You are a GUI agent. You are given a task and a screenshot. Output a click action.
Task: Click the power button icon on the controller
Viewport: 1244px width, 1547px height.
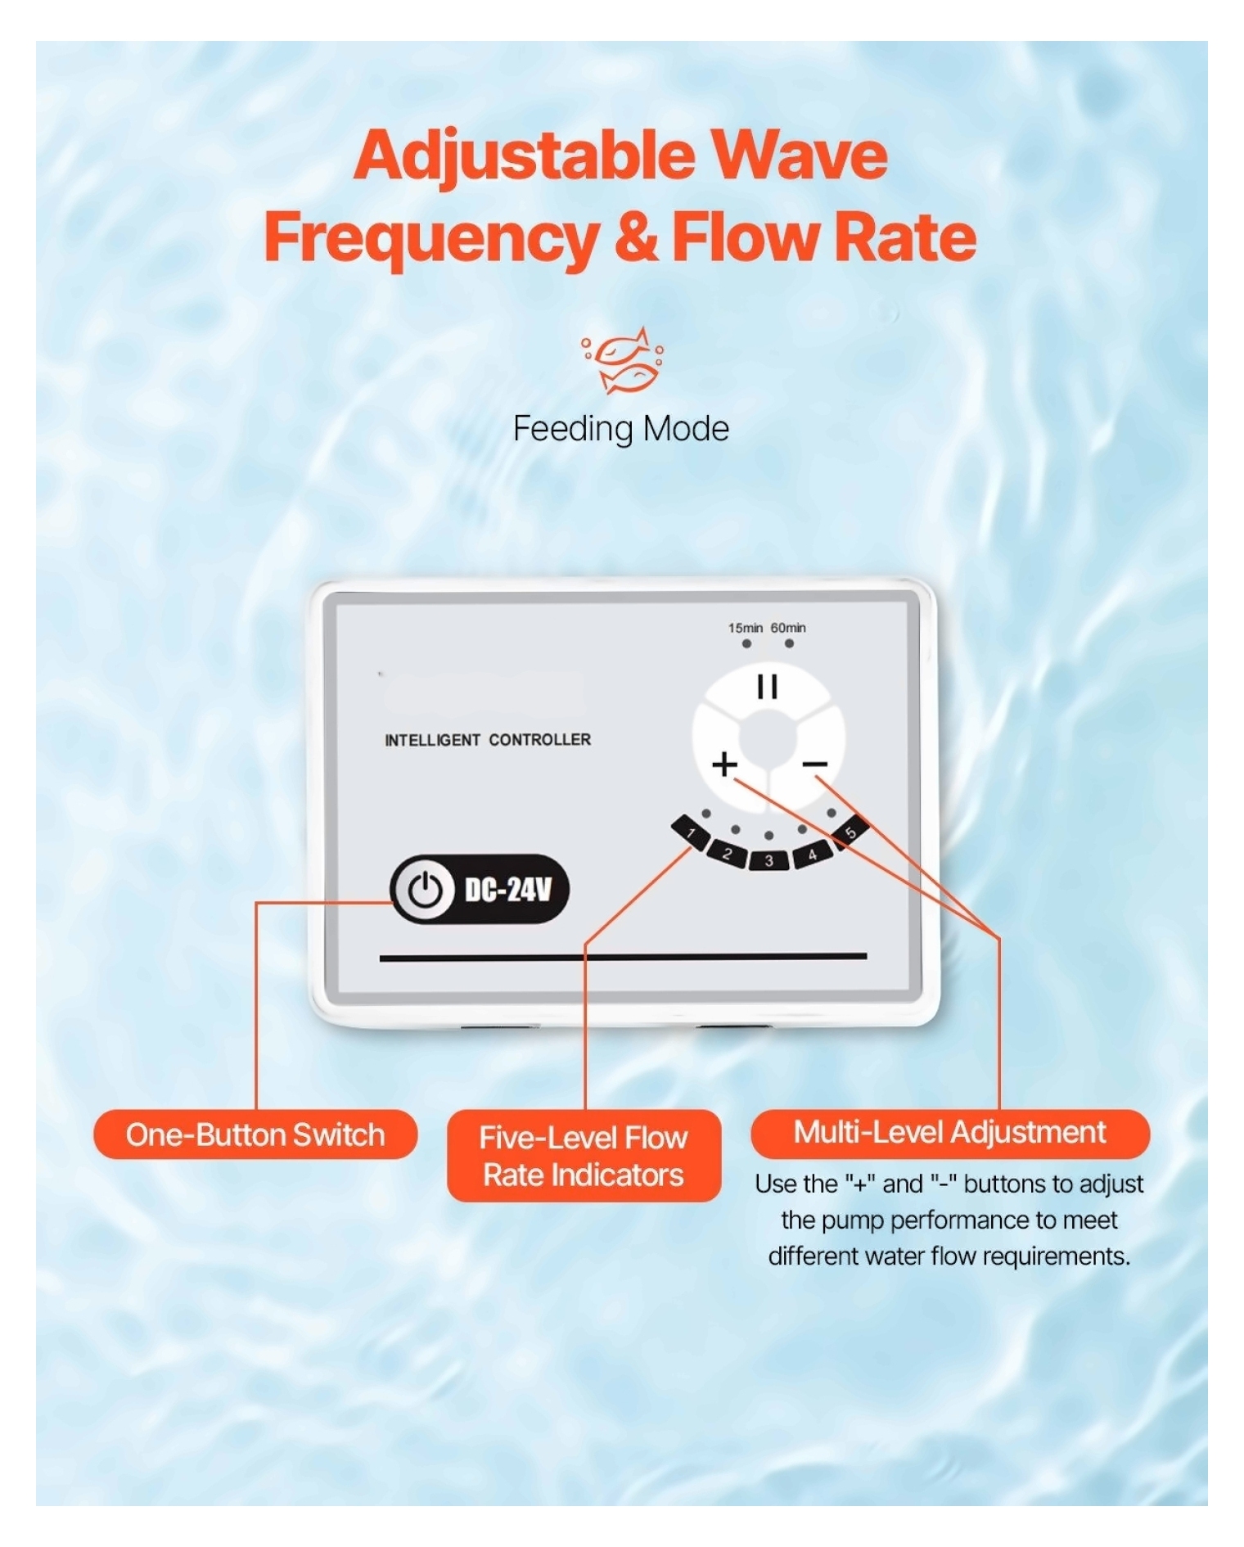[x=425, y=890]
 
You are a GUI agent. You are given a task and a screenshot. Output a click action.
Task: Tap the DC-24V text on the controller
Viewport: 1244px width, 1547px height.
[x=508, y=890]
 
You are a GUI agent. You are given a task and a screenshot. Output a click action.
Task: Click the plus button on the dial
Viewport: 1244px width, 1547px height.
[x=724, y=764]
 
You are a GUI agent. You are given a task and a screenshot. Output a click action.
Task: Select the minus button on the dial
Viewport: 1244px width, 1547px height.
[x=815, y=764]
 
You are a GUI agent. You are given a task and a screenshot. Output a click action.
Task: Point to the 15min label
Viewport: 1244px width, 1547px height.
[x=746, y=628]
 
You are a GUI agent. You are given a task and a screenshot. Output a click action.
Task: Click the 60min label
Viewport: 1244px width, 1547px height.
[x=788, y=628]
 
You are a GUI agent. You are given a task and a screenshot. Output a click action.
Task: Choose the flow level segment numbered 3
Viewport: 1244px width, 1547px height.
[x=768, y=860]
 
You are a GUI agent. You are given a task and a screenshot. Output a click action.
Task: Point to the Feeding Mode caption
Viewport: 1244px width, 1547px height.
[x=621, y=429]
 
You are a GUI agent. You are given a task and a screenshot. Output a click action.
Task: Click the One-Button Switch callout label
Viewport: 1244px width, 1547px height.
[x=255, y=1134]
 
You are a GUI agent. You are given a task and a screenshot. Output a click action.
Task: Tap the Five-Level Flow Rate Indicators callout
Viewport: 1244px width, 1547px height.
[x=584, y=1156]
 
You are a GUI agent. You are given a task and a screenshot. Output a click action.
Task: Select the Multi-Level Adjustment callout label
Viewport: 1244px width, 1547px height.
[x=950, y=1133]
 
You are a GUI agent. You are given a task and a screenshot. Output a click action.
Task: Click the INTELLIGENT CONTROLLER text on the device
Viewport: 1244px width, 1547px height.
[x=488, y=740]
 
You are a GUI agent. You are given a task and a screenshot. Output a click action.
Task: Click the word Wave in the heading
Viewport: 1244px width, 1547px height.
[x=798, y=155]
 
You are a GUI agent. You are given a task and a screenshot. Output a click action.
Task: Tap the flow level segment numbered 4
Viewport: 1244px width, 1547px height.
[x=812, y=854]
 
